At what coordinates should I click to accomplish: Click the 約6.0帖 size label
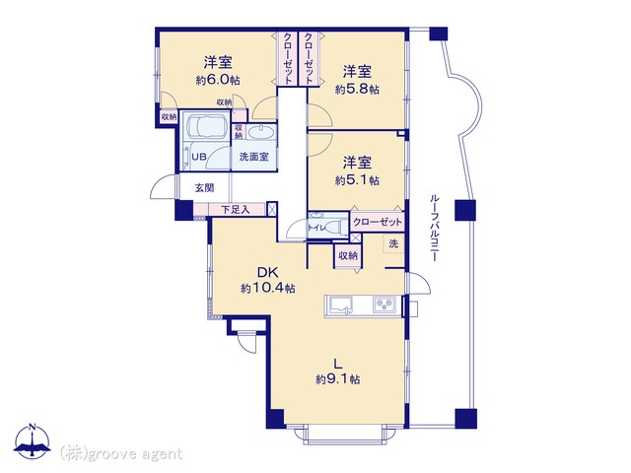(218, 80)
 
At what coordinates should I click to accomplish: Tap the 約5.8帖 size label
(357, 89)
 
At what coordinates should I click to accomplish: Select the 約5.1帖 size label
(357, 179)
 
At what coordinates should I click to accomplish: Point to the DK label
(268, 273)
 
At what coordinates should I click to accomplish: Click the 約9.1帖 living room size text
(338, 378)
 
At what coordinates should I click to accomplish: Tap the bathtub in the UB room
(204, 125)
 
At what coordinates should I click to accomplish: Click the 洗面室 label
(253, 157)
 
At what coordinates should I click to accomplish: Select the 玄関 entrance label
(204, 188)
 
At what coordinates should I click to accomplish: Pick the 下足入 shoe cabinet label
(236, 209)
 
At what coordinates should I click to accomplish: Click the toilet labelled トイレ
(326, 228)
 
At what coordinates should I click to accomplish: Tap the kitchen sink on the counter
(340, 305)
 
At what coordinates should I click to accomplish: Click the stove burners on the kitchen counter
(385, 304)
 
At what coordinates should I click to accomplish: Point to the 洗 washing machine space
(393, 243)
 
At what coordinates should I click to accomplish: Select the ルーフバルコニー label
(434, 228)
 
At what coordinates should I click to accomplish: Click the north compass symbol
(33, 441)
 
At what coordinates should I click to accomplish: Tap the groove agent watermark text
(121, 453)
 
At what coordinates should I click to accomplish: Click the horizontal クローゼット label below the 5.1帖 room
(377, 222)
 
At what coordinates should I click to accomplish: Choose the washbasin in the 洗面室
(261, 131)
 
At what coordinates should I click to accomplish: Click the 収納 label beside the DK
(348, 255)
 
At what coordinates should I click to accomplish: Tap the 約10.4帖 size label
(268, 288)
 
